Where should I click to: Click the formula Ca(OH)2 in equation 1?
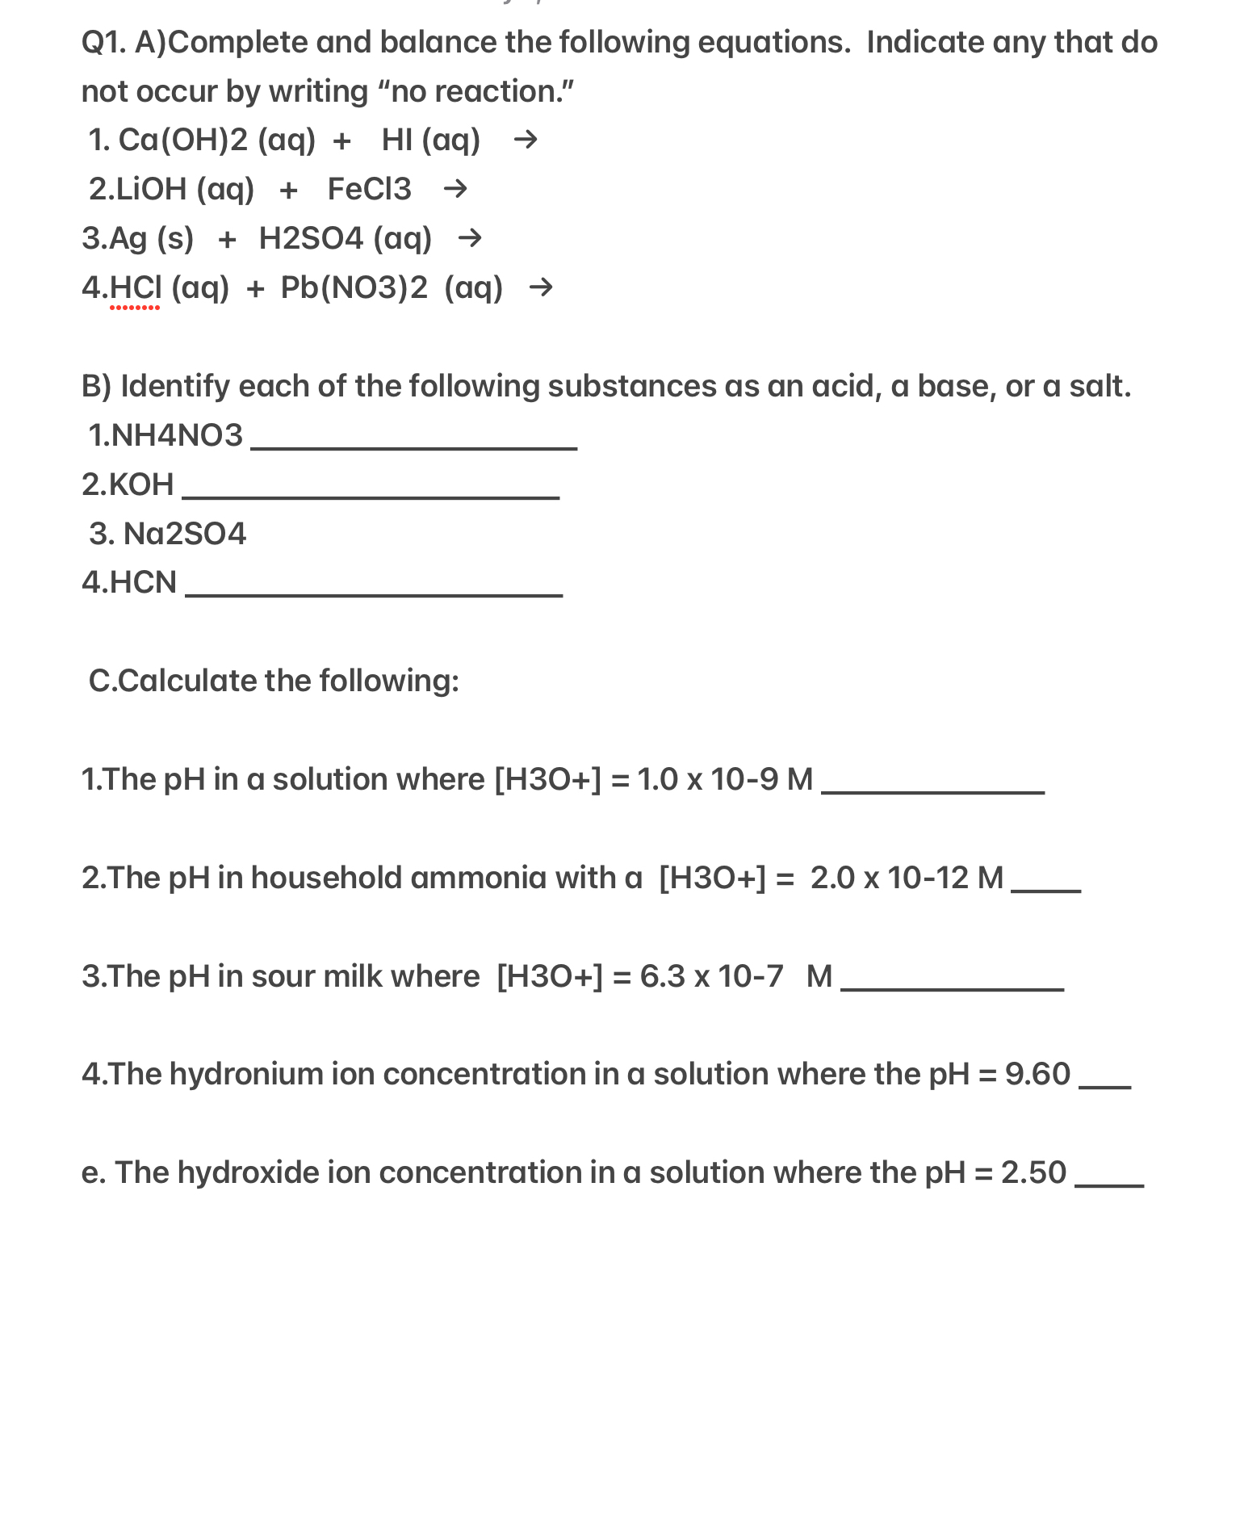pyautogui.click(x=183, y=140)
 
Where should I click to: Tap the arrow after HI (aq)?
pyautogui.click(x=526, y=140)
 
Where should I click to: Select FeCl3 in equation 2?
pyautogui.click(x=369, y=189)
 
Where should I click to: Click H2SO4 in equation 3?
pyautogui.click(x=311, y=238)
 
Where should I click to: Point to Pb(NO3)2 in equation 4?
pyautogui.click(x=354, y=287)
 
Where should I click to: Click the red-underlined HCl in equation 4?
pyautogui.click(x=135, y=288)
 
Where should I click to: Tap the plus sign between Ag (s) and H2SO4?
pyautogui.click(x=227, y=239)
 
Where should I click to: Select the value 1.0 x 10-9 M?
pyautogui.click(x=724, y=779)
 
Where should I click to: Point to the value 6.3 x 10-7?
pyautogui.click(x=711, y=976)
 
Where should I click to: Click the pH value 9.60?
pyautogui.click(x=1037, y=1074)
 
